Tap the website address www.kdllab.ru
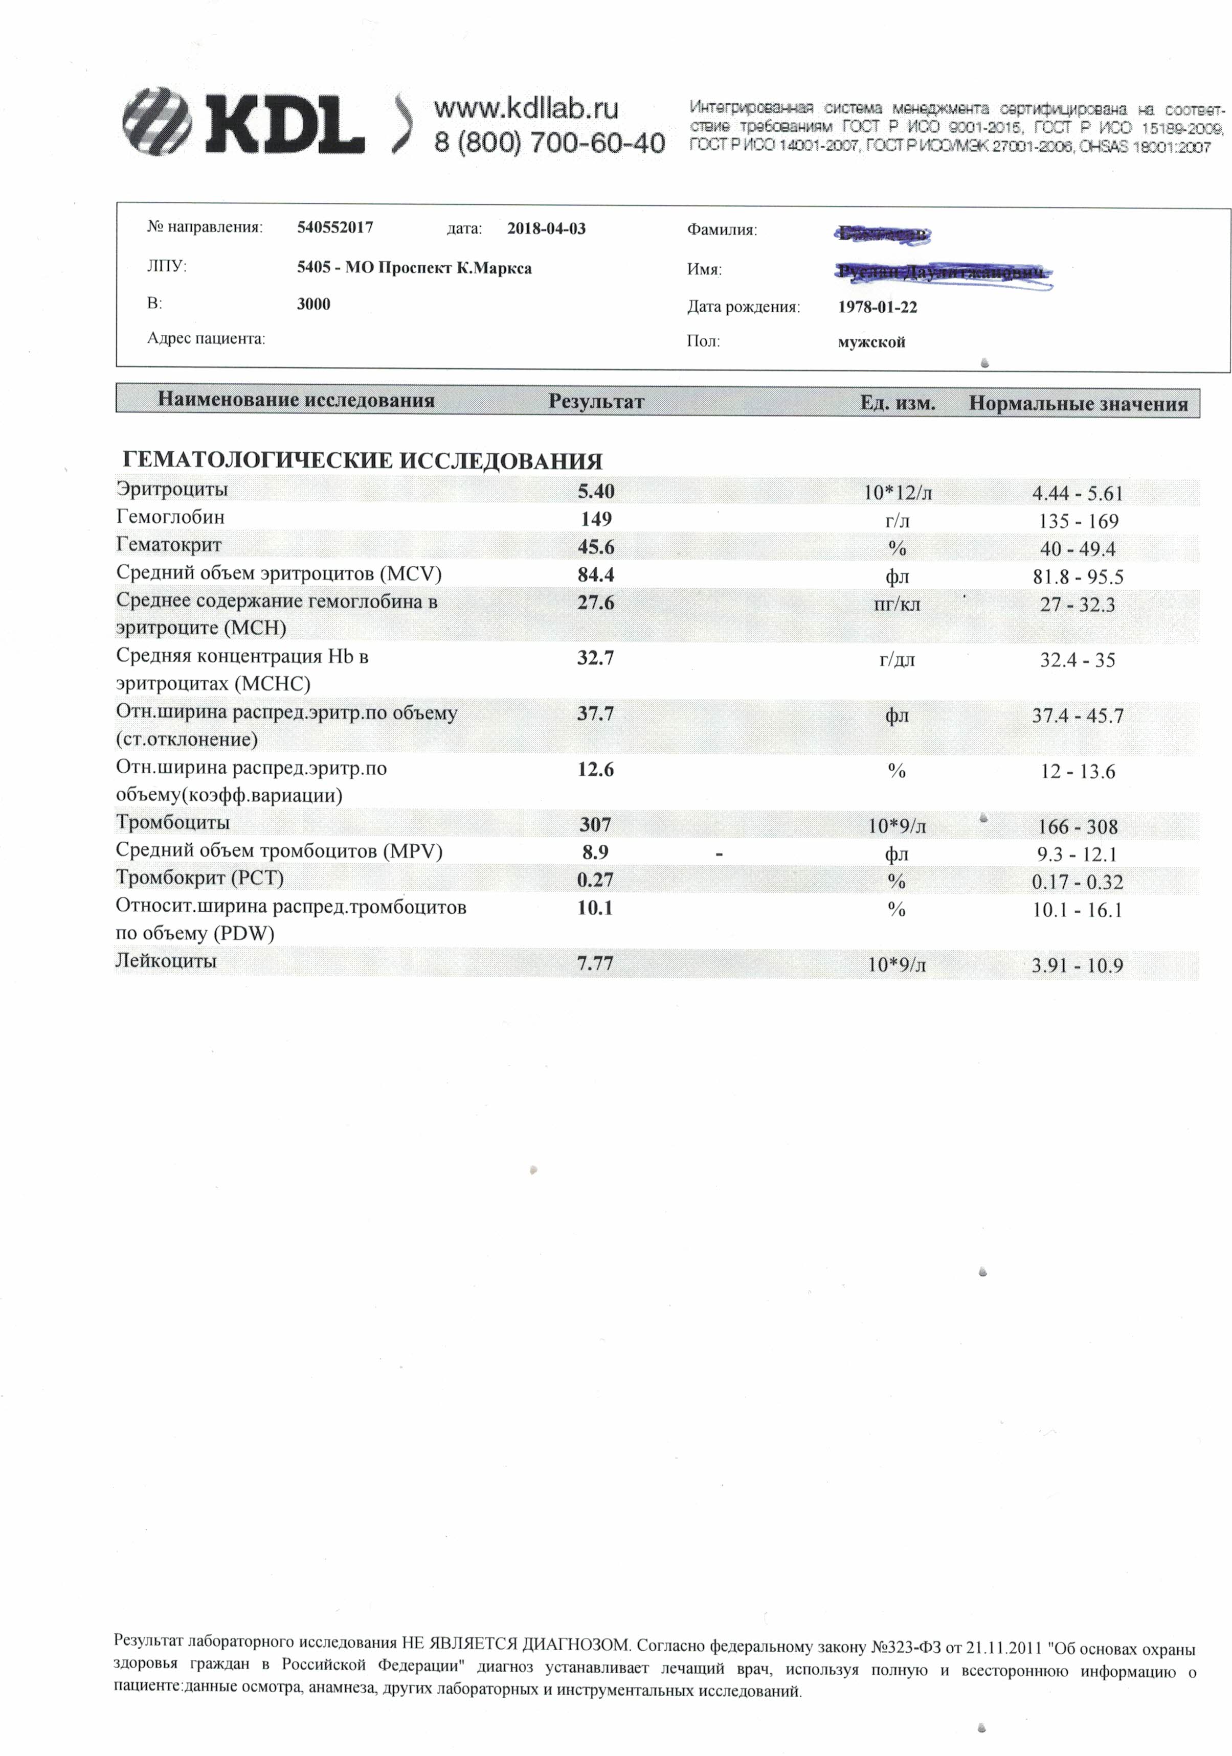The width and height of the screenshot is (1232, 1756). (x=526, y=109)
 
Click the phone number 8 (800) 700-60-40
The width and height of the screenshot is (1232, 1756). (x=549, y=142)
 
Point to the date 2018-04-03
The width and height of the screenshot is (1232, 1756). (x=546, y=228)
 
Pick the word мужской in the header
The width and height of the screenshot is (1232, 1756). (x=871, y=342)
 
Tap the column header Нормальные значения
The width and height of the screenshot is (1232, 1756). (x=1078, y=403)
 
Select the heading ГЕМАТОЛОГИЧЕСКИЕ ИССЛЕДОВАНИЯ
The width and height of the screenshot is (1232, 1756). (x=362, y=461)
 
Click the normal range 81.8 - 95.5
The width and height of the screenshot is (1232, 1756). (x=1078, y=576)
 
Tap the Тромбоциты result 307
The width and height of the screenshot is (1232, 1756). (x=595, y=824)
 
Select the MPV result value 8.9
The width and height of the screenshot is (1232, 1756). (x=595, y=852)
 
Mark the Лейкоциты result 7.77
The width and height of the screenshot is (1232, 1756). (x=595, y=963)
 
